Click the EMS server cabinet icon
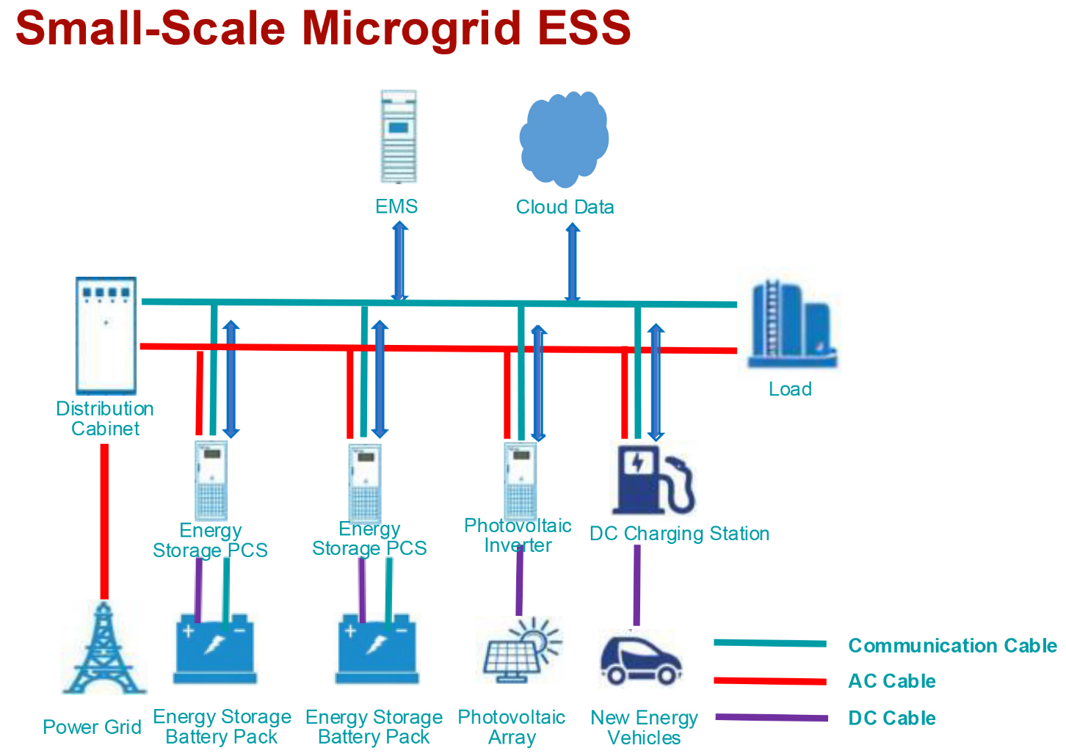[x=399, y=137]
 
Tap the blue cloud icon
[x=564, y=138]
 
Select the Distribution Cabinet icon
[x=106, y=335]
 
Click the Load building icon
[x=791, y=324]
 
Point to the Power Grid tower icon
[x=104, y=649]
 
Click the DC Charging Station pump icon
[x=651, y=479]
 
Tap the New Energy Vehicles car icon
[x=640, y=660]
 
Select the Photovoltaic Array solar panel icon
[x=521, y=650]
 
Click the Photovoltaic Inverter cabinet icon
[x=521, y=480]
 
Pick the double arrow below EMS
[x=399, y=261]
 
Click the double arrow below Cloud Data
[x=573, y=263]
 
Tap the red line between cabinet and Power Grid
[x=104, y=521]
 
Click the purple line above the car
[x=637, y=585]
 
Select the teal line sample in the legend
[x=769, y=644]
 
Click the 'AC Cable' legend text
[x=891, y=681]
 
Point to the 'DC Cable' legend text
[x=891, y=718]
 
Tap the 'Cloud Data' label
[x=565, y=207]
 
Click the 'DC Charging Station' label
[x=679, y=534]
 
